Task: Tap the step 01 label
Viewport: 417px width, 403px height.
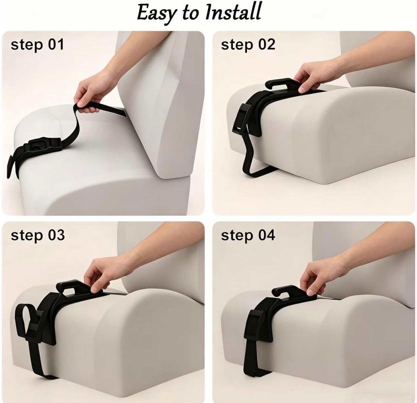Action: [37, 45]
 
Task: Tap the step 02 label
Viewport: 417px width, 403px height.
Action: [248, 45]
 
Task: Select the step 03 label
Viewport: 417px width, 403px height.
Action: [38, 235]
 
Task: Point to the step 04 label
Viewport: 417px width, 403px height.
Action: [248, 235]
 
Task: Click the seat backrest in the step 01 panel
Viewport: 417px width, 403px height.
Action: [161, 103]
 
